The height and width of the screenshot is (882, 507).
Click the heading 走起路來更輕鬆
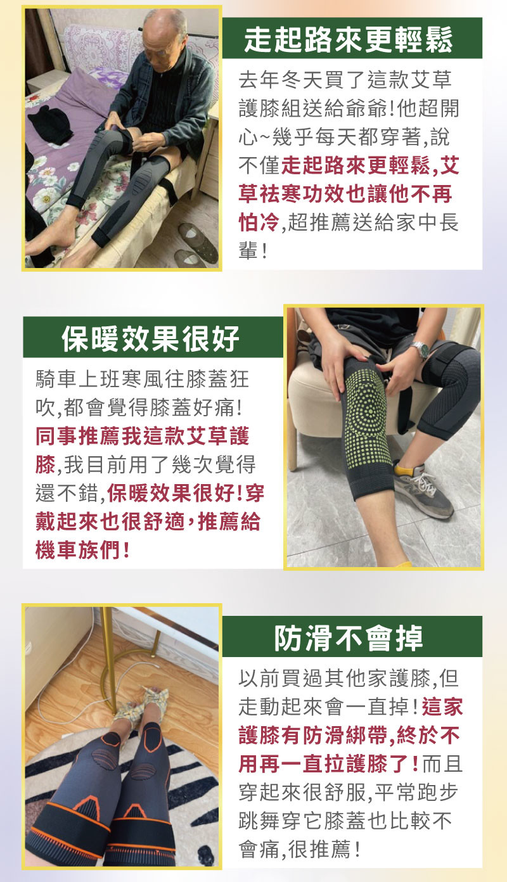pyautogui.click(x=348, y=40)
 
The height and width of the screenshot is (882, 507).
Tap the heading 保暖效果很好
pyautogui.click(x=151, y=338)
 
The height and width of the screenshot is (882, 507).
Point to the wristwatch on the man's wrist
pyautogui.click(x=420, y=350)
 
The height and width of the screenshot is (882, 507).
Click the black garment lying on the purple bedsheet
pyautogui.click(x=50, y=124)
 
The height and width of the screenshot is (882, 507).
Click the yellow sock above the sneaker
pyautogui.click(x=404, y=469)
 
